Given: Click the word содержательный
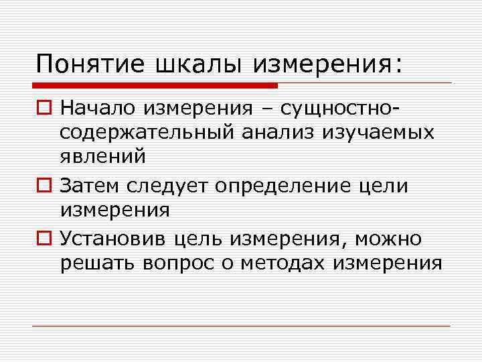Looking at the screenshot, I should pyautogui.click(x=146, y=132).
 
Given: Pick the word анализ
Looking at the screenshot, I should pyautogui.click(x=280, y=132).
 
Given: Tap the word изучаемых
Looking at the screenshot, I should pyautogui.click(x=380, y=132).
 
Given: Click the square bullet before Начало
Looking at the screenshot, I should pyautogui.click(x=44, y=108).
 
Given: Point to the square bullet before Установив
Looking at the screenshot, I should pyautogui.click(x=44, y=238).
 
